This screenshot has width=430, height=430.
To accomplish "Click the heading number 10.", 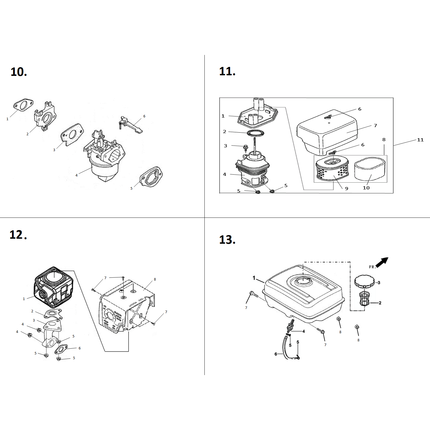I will tap(19, 72).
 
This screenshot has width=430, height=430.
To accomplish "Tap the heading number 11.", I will tap(227, 71).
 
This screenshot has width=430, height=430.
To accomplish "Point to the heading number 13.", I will tap(227, 240).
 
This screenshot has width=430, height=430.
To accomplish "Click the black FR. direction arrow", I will tap(382, 262).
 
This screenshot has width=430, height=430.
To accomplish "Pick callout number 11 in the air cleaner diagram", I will tap(420, 140).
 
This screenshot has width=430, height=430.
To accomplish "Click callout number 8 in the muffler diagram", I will tap(155, 279).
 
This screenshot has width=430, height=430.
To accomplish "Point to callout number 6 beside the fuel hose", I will tap(276, 354).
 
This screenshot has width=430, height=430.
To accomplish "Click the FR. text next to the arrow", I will tap(372, 267).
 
